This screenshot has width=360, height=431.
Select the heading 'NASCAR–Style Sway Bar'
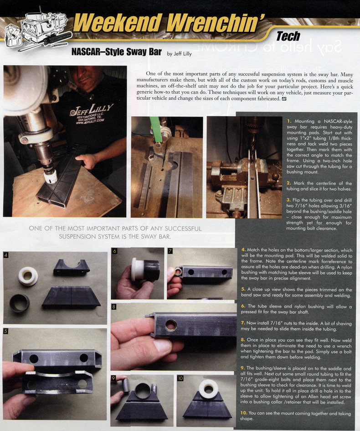point(117,52)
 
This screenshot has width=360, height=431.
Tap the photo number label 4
point(6,255)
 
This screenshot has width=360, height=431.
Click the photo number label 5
point(6,332)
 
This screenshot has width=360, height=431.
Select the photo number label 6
point(114,251)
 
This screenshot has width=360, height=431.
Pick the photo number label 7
point(170,251)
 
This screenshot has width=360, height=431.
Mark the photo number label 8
point(114,307)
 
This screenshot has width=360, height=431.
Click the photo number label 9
point(114,379)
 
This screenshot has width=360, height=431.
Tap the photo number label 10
point(180,379)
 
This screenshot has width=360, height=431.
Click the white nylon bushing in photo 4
point(28,276)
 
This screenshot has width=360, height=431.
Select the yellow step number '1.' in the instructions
point(289,121)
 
